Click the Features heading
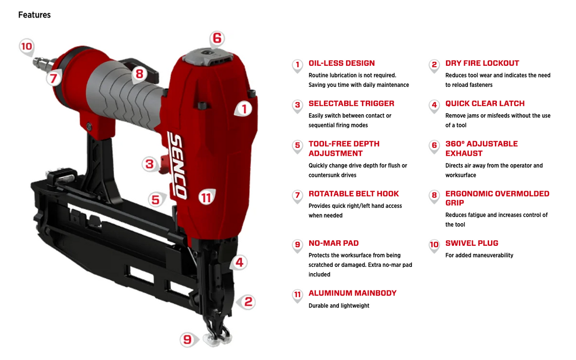pyautogui.click(x=34, y=15)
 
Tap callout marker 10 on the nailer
pyautogui.click(x=26, y=47)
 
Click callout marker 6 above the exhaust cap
pyautogui.click(x=217, y=38)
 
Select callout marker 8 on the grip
pyautogui.click(x=139, y=74)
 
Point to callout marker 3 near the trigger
pyautogui.click(x=150, y=164)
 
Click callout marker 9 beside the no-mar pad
pyautogui.click(x=188, y=339)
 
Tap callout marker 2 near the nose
pyautogui.click(x=247, y=302)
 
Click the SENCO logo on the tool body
pyautogui.click(x=177, y=166)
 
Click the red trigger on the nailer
pyautogui.click(x=164, y=164)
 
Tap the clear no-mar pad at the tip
pyautogui.click(x=217, y=340)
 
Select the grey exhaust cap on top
pyautogui.click(x=208, y=56)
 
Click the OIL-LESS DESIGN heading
pyautogui.click(x=341, y=63)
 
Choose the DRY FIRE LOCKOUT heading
pyautogui.click(x=482, y=63)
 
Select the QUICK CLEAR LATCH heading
pyautogui.click(x=485, y=103)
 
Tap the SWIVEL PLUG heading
pyautogui.click(x=472, y=243)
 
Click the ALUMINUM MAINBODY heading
pyautogui.click(x=352, y=293)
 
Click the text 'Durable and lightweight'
pyautogui.click(x=339, y=305)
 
